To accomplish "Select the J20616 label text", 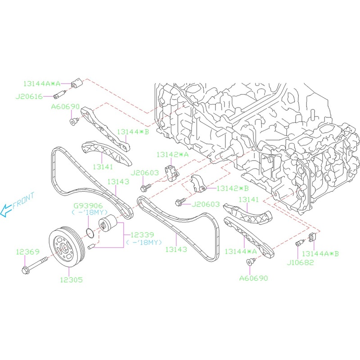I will coord(30,95).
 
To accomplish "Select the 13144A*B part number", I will coord(320,253).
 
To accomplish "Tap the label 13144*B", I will coord(133,132).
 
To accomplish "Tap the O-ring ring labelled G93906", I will coord(90,233).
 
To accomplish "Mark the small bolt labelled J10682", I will coord(298,244).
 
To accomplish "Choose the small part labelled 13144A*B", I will coord(312,237).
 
